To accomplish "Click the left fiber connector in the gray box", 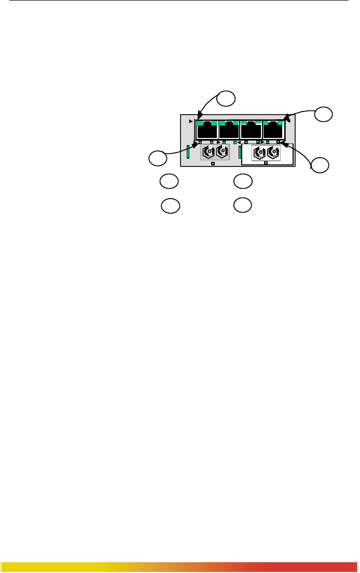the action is [209, 152].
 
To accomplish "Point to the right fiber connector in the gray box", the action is [222, 152].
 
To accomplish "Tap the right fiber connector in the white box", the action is [272, 153].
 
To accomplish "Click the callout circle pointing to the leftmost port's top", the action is [226, 97].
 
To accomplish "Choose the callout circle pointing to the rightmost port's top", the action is [323, 114].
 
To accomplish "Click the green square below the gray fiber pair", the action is [213, 163].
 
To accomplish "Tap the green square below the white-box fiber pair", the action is [266, 163].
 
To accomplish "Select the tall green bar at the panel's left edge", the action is [188, 152].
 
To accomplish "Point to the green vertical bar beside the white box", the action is [240, 152].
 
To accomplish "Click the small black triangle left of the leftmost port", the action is [191, 122].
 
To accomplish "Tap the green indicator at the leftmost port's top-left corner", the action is [200, 123].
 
